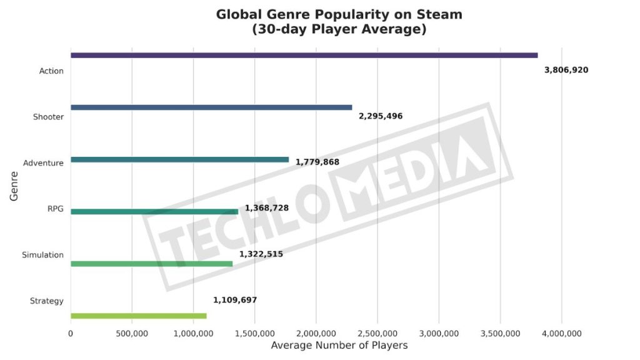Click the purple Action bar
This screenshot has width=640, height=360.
click(x=304, y=55)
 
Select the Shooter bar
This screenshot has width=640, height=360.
click(x=211, y=107)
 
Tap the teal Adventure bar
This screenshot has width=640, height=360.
click(x=179, y=159)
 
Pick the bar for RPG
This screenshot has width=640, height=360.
click(x=154, y=211)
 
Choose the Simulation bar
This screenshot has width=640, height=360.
click(x=151, y=264)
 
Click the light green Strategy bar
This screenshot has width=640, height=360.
click(x=138, y=316)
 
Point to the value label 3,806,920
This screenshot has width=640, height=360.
click(x=566, y=70)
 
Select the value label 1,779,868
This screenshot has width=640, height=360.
click(x=317, y=162)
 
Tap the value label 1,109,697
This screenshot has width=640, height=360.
click(x=235, y=300)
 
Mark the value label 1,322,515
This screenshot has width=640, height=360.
click(x=261, y=254)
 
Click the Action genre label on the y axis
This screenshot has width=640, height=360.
click(x=51, y=71)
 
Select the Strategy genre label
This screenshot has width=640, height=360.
click(x=47, y=301)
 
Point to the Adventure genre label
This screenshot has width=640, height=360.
click(x=43, y=163)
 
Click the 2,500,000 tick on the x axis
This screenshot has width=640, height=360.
click(x=377, y=334)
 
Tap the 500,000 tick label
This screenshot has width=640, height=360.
click(x=132, y=334)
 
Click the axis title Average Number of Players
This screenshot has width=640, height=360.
click(x=339, y=345)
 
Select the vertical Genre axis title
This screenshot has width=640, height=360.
click(x=14, y=186)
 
